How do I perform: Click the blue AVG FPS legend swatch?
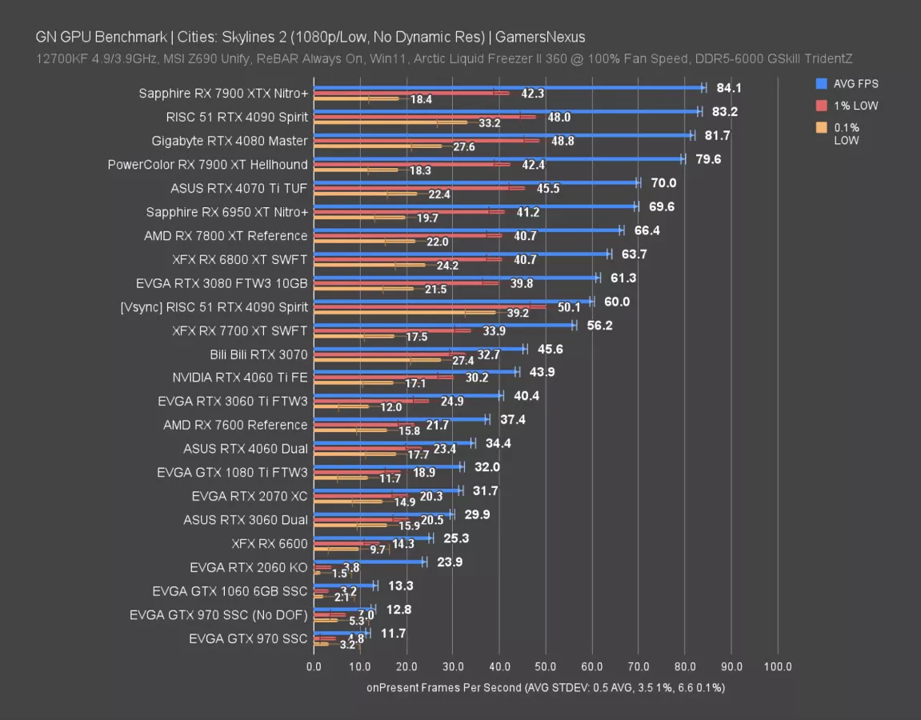click(x=822, y=83)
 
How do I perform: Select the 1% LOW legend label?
click(x=855, y=106)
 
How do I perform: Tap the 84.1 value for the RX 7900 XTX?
click(x=728, y=88)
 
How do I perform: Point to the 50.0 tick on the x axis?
click(x=546, y=666)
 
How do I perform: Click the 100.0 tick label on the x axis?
click(x=778, y=666)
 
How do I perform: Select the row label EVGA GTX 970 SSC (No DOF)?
click(x=218, y=615)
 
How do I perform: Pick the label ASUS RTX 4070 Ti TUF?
click(x=239, y=189)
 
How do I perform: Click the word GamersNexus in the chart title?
click(x=539, y=37)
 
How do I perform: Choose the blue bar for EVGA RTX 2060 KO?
click(x=369, y=562)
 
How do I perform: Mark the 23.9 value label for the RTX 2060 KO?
click(x=450, y=562)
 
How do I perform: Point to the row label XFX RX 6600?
click(x=270, y=544)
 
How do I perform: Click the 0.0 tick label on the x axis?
click(x=314, y=666)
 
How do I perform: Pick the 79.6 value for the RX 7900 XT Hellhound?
click(x=708, y=159)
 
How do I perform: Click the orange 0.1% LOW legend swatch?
click(x=822, y=128)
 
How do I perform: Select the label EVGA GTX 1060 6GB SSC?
click(x=230, y=592)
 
